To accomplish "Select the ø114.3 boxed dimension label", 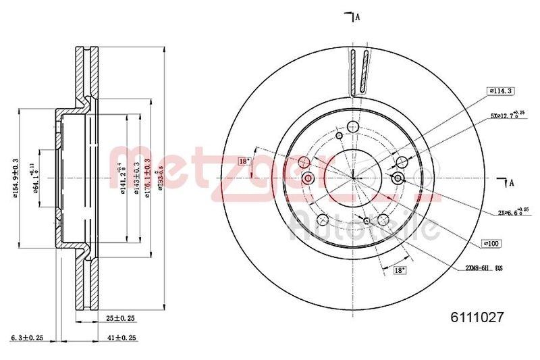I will pos(501,91).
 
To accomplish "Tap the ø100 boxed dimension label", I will pos(491,242).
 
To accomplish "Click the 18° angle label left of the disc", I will pos(244,161).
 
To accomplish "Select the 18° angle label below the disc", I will pos(398,270).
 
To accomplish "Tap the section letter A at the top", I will pos(357,17).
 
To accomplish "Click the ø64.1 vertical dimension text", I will pos(34,178).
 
